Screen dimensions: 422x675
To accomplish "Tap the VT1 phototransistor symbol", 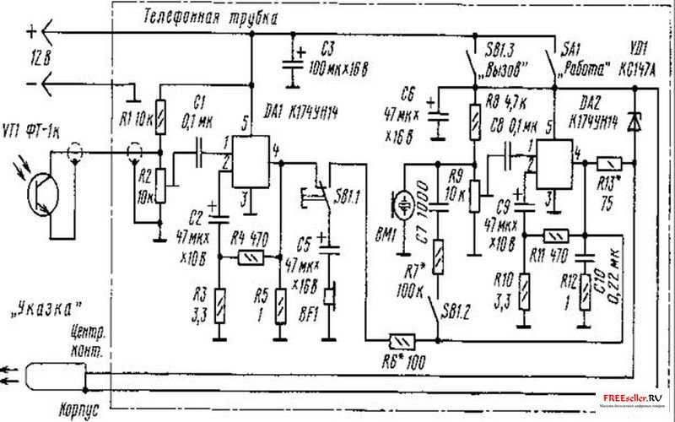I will tap(37, 192).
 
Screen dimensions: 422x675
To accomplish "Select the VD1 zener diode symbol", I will tap(638, 124).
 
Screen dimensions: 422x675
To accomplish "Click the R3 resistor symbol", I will tap(221, 303).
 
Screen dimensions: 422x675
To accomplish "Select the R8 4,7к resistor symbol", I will tap(472, 119).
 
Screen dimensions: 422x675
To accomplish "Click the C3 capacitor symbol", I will tap(294, 61).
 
